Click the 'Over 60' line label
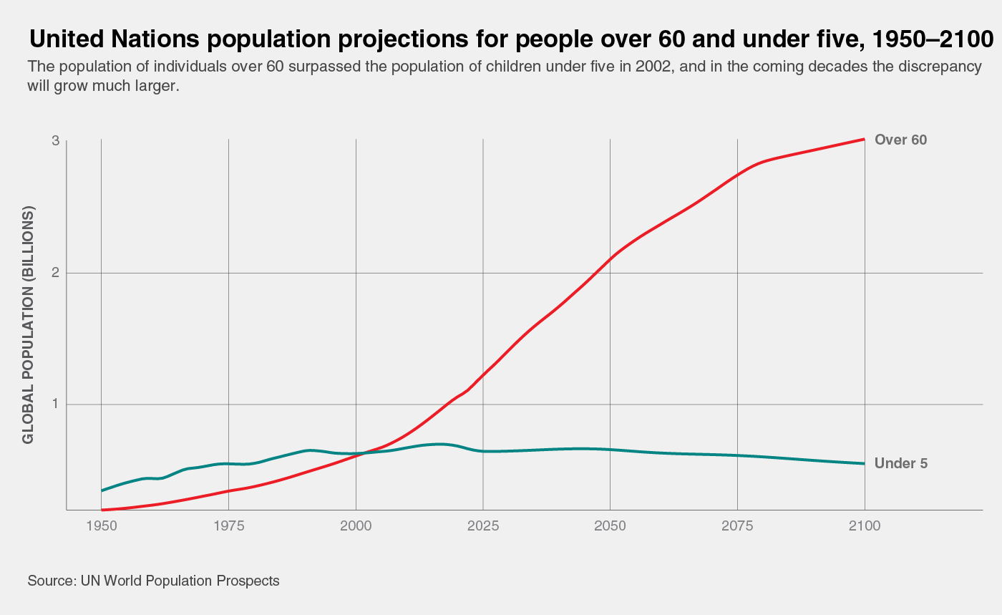coord(900,140)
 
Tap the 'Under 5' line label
coord(900,464)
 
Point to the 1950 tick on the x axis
coord(102,526)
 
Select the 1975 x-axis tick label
coord(228,526)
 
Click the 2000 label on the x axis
coord(356,526)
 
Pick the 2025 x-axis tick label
coord(483,526)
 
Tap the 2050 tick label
coord(610,526)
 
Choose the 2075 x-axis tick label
coord(737,526)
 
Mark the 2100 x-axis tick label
coord(865,526)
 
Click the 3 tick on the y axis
coord(55,141)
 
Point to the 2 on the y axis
coord(55,273)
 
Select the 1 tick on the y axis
coord(55,405)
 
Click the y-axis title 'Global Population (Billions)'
coord(29,326)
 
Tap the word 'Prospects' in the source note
coord(248,581)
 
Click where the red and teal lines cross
coord(362,453)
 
